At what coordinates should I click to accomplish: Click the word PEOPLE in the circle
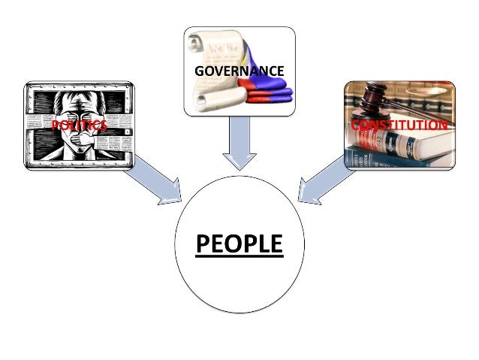pos(239,245)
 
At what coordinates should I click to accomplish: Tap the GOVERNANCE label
pos(239,71)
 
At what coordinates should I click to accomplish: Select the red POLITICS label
pos(78,126)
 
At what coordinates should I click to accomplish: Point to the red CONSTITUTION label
pos(399,125)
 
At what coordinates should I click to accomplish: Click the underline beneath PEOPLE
pos(239,258)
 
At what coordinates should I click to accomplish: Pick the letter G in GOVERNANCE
pos(199,71)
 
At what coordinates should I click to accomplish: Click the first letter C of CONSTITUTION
pos(355,125)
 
